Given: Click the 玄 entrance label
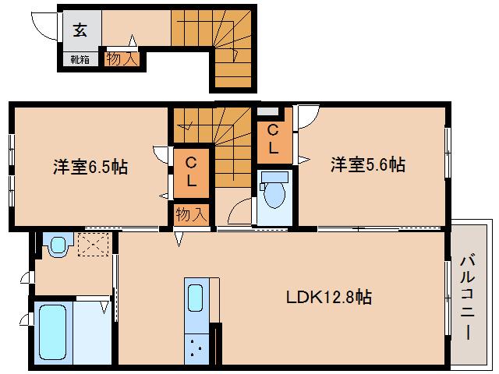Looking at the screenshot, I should tap(80, 30).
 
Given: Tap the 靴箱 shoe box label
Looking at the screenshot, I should tap(80, 58).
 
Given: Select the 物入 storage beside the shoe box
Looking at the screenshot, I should tap(122, 58).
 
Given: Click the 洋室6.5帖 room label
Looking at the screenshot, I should tap(90, 167).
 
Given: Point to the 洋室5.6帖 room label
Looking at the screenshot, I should tap(367, 165).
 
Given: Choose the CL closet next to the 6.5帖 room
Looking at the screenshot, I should tap(190, 171).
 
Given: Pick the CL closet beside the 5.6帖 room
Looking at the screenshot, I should tap(274, 138).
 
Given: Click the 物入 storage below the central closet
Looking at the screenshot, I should tap(191, 214).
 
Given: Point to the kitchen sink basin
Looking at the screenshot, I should tap(195, 298).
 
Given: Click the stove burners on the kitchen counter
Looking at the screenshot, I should tap(195, 348).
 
